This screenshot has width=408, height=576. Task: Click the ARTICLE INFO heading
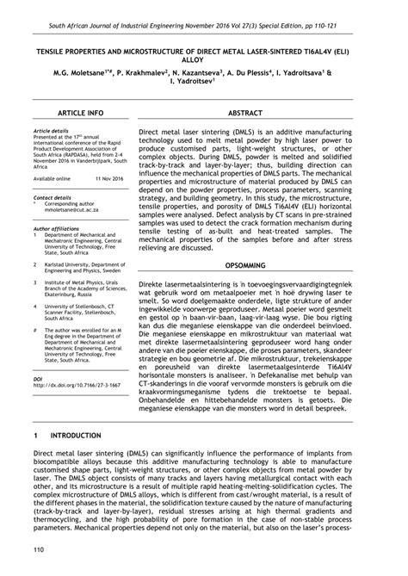click(x=80, y=113)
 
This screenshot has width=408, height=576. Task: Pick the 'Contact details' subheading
click(x=51, y=197)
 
